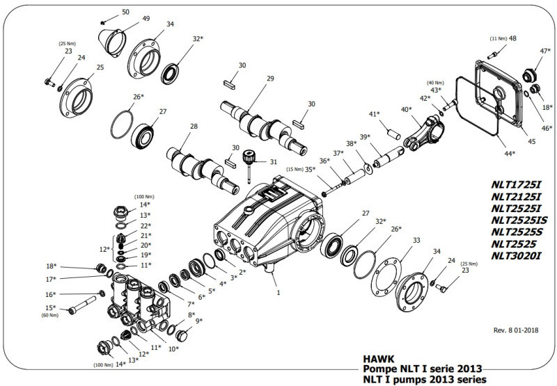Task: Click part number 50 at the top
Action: tap(125, 12)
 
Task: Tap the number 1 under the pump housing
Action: tap(278, 293)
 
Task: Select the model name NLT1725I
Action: tap(516, 184)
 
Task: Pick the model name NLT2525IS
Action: tap(519, 220)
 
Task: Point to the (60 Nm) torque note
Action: tap(51, 315)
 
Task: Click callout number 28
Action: tap(194, 126)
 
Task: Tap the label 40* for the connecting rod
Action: tap(406, 109)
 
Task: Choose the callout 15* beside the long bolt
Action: tap(51, 307)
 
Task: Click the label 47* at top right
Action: tap(545, 51)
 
